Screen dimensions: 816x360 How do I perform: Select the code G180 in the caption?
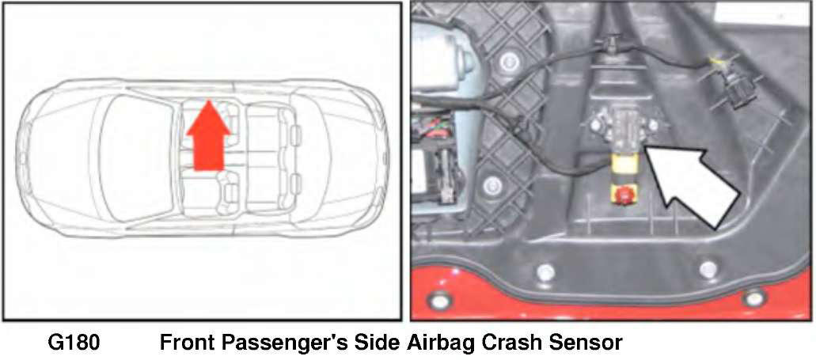point(74,343)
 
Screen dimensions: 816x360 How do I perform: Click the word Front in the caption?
point(187,343)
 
